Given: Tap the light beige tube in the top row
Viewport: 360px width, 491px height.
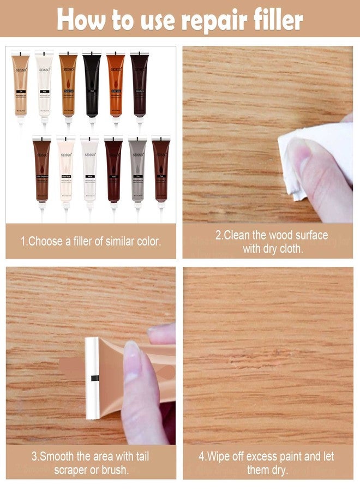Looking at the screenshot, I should pos(20,87).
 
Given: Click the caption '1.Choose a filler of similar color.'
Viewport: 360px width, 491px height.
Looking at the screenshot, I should pos(91,241).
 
